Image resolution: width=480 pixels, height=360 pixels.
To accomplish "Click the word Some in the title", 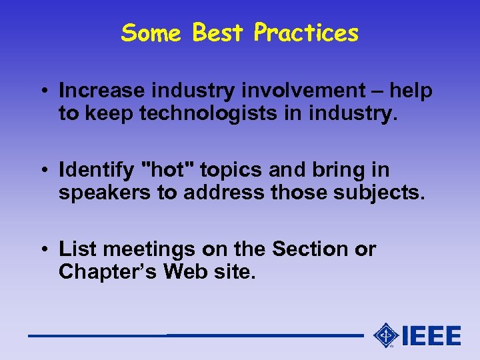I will (152, 33).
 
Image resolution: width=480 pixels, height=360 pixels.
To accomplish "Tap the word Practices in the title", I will (306, 33).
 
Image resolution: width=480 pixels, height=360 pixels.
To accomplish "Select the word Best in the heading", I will (217, 33).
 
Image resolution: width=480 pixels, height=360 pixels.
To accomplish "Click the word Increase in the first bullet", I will (101, 91).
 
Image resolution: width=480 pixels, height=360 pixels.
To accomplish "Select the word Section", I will (311, 249).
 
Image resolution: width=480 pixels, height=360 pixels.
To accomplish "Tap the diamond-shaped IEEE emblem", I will (386, 335).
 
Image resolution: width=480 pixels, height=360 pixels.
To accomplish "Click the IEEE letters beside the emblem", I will (431, 335).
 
